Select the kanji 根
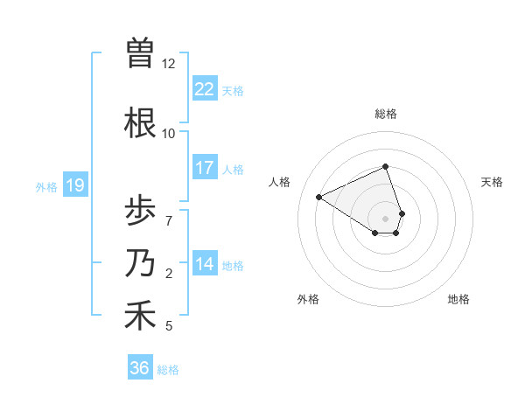[140, 123]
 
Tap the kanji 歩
[140, 211]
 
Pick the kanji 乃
[140, 262]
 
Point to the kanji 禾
[140, 315]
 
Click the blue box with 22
[205, 90]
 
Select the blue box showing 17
[205, 168]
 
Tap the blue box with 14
[205, 264]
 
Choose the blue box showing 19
[75, 185]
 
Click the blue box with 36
[140, 368]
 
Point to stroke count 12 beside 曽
[169, 64]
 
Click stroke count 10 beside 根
[169, 134]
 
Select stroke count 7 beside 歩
[169, 220]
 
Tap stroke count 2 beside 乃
[169, 274]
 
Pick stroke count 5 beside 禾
[169, 326]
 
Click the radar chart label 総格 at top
[385, 114]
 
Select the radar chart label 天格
[493, 182]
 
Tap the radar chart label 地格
[458, 299]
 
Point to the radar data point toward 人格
[319, 197]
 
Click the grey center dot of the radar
[385, 218]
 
